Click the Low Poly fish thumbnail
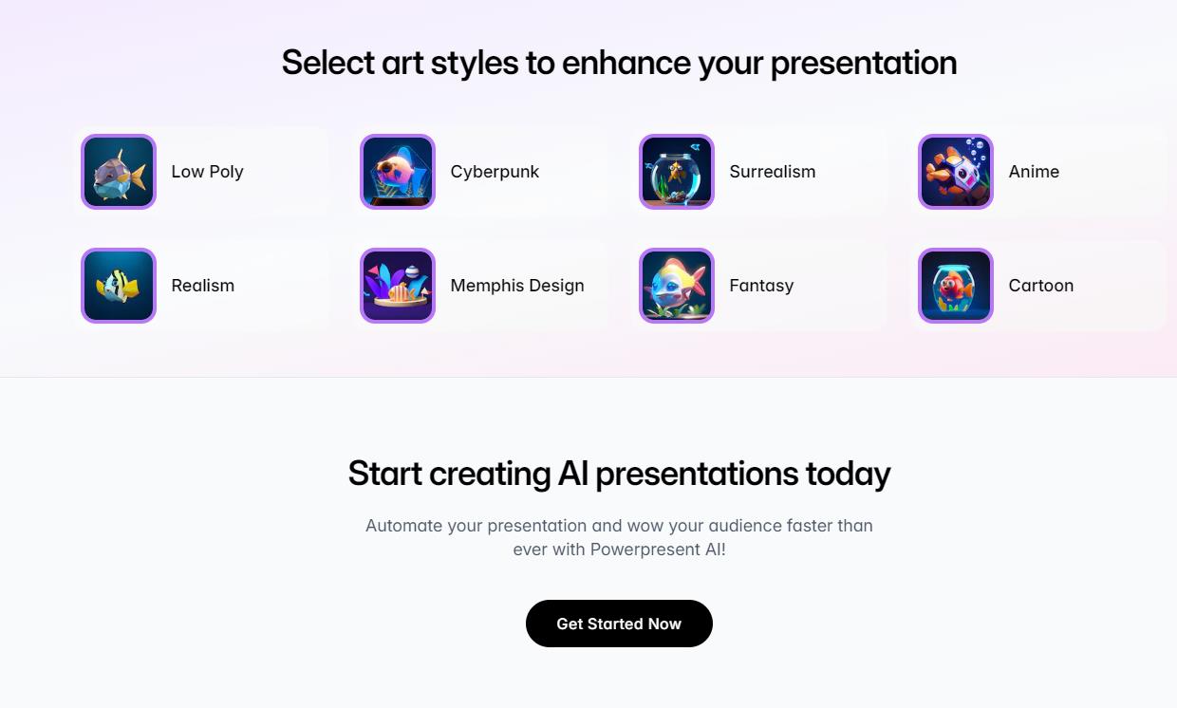point(119,172)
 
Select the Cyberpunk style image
point(398,172)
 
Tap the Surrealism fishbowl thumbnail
point(677,172)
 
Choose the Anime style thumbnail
point(956,172)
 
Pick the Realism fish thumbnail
point(119,286)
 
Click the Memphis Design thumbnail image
point(398,286)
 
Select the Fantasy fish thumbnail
point(677,286)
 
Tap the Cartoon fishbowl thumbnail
point(956,286)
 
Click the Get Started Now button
point(619,624)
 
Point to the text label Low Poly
point(208,173)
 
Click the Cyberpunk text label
point(495,173)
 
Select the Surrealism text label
point(773,172)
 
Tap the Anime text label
point(1034,172)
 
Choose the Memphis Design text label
point(517,287)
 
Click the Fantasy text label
point(761,287)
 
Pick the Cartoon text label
point(1041,286)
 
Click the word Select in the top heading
point(327,63)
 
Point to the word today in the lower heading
point(848,475)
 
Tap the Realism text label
point(203,286)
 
